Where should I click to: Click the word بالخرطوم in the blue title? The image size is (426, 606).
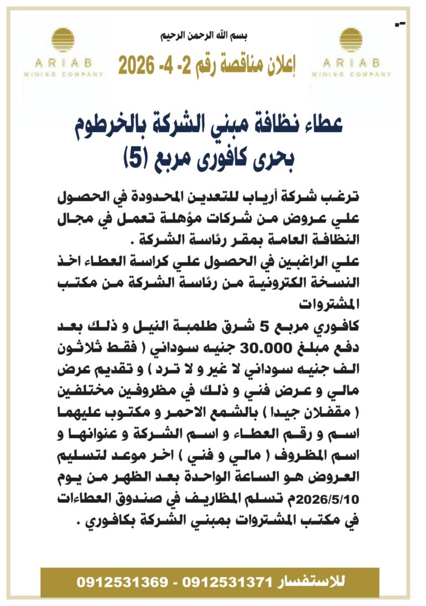tap(121, 127)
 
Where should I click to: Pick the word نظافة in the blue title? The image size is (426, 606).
tap(288, 127)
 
